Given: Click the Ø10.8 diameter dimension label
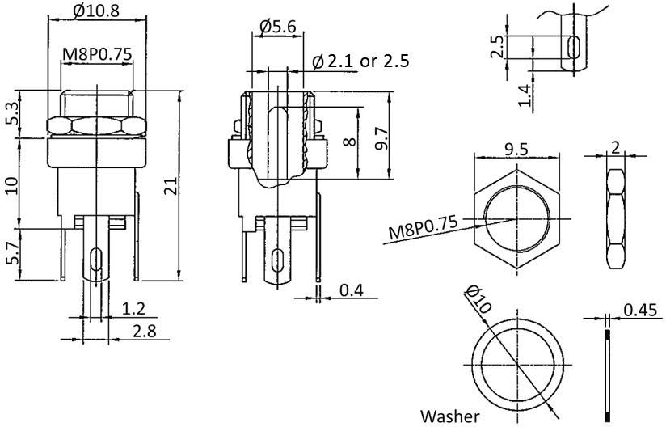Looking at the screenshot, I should [x=97, y=11].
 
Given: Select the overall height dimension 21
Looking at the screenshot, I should [x=168, y=188].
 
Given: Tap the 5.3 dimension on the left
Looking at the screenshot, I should [x=11, y=114].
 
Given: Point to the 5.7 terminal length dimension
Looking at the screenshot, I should [x=11, y=253].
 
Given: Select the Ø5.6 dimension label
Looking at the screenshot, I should [x=278, y=27].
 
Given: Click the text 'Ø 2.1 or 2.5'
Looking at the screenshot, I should [x=360, y=61].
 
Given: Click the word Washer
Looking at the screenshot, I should [x=449, y=416].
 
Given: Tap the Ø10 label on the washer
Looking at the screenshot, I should [x=475, y=300].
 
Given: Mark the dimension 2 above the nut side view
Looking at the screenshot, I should [x=616, y=149].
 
